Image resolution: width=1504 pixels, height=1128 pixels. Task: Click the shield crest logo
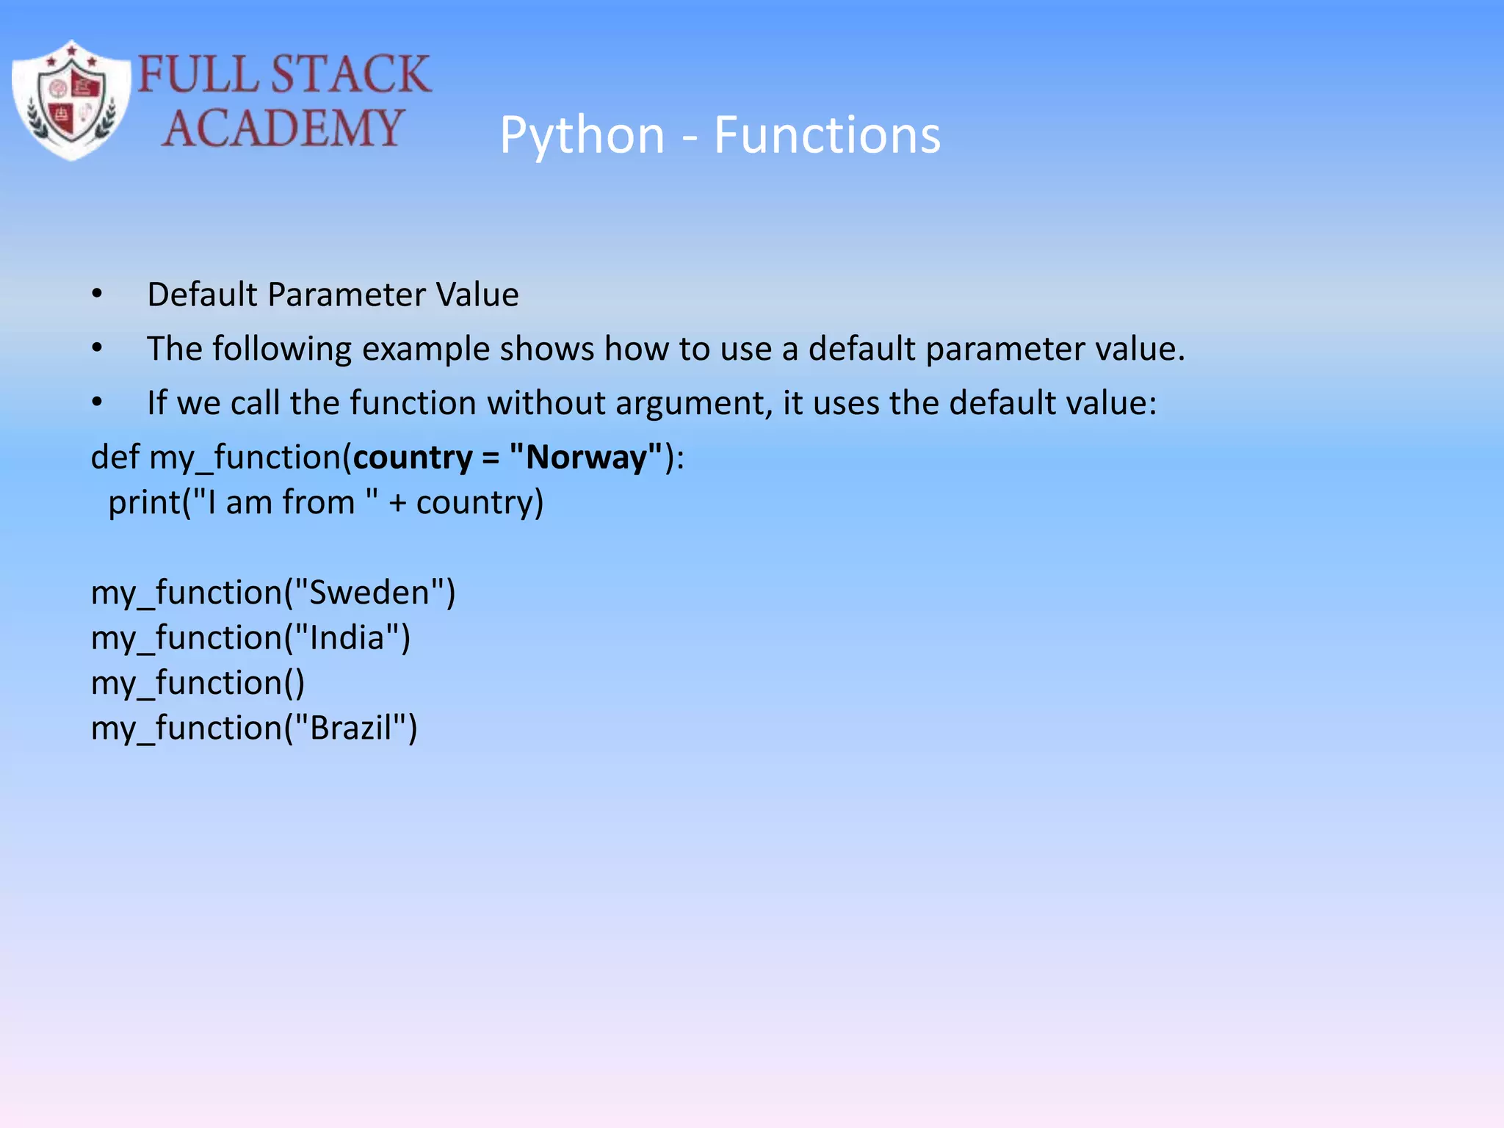(72, 100)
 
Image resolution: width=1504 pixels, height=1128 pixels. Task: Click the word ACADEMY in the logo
(283, 129)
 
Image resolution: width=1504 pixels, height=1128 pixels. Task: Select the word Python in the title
(582, 135)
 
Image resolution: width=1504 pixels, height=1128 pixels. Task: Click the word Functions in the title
(827, 135)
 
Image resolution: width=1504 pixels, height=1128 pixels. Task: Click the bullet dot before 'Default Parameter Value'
(97, 294)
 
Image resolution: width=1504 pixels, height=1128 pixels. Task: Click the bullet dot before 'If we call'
(97, 402)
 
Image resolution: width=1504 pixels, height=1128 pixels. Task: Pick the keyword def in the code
(115, 457)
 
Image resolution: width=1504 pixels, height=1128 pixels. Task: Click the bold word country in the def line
(412, 458)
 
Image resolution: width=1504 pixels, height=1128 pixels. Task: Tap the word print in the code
(144, 503)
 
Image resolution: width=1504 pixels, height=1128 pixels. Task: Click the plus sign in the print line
(397, 504)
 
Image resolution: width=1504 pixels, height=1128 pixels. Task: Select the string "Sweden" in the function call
(369, 593)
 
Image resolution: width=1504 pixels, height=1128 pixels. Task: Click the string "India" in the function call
(347, 638)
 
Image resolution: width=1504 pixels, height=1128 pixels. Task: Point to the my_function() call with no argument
(197, 684)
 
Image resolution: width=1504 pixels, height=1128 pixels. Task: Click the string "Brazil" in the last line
(350, 728)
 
